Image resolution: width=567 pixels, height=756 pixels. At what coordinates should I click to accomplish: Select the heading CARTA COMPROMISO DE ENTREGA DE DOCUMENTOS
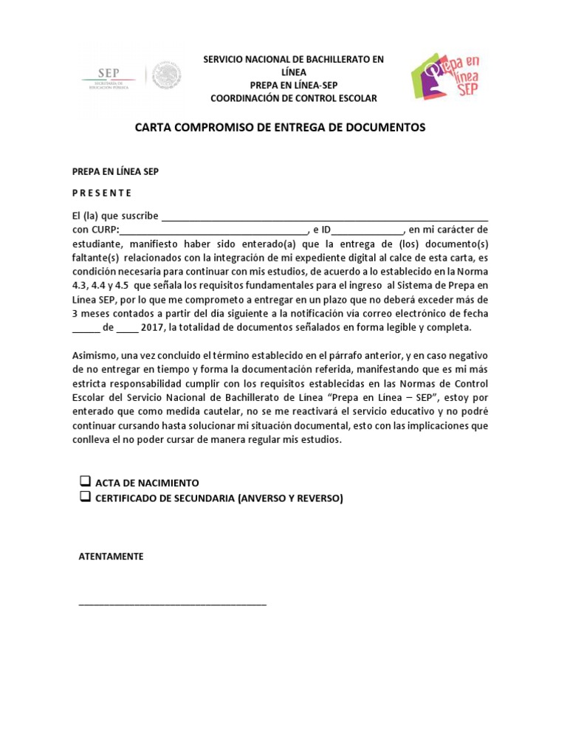pyautogui.click(x=280, y=128)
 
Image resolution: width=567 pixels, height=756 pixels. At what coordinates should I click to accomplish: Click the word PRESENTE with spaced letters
pyautogui.click(x=102, y=193)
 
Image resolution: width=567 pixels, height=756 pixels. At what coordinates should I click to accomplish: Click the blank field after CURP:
pyautogui.click(x=213, y=230)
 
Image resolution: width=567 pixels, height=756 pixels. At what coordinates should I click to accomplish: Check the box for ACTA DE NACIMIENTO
pyautogui.click(x=84, y=482)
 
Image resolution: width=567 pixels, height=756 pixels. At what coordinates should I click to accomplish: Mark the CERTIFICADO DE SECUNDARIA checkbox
pyautogui.click(x=84, y=498)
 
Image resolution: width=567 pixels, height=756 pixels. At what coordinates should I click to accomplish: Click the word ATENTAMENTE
pyautogui.click(x=111, y=557)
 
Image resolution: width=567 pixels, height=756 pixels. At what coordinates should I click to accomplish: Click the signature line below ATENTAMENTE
pyautogui.click(x=173, y=604)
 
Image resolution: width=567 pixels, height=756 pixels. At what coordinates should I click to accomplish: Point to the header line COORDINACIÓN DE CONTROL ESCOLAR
pyautogui.click(x=293, y=98)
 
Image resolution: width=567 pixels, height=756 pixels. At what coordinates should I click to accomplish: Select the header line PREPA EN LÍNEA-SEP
pyautogui.click(x=293, y=85)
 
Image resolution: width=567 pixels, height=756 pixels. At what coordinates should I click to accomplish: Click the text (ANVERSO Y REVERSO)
pyautogui.click(x=291, y=498)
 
